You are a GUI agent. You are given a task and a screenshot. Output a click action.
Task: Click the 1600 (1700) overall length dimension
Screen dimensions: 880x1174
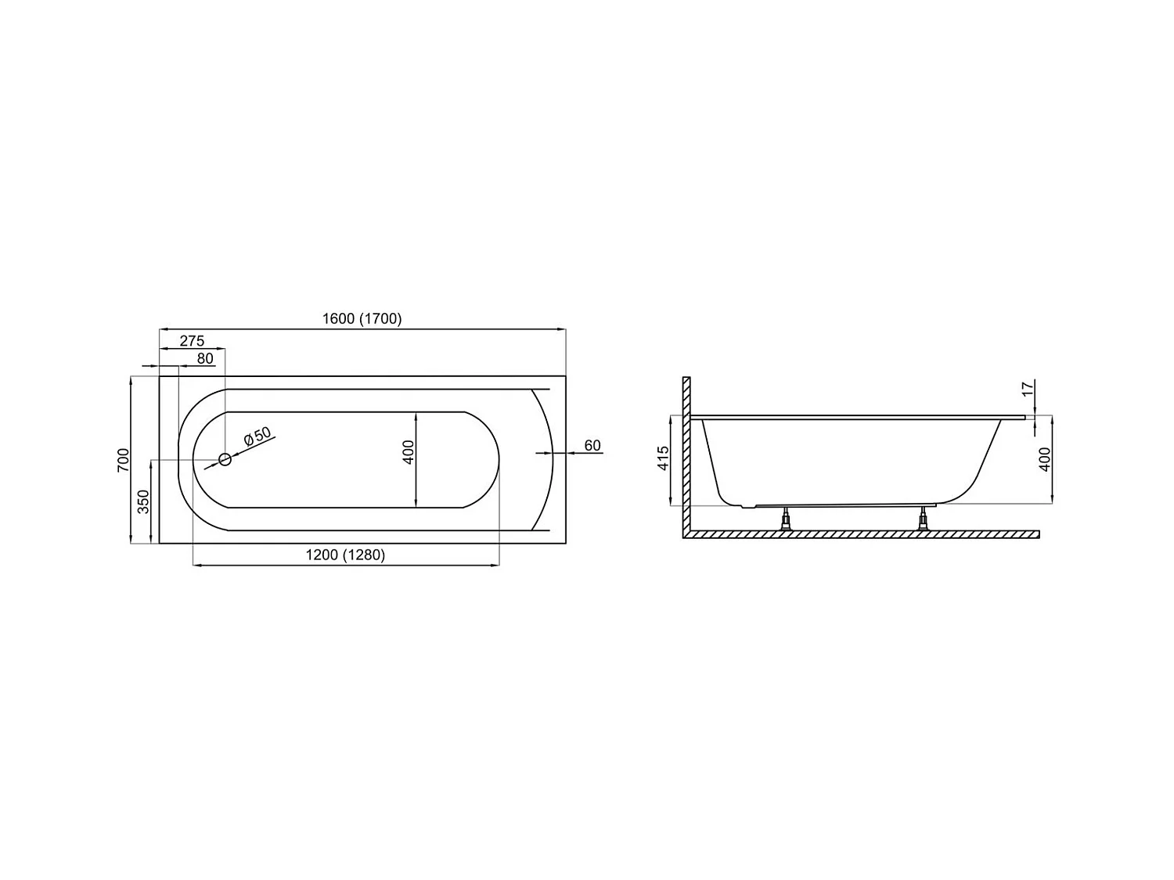point(362,318)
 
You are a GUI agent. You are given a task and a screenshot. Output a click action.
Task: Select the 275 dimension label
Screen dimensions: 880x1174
point(192,340)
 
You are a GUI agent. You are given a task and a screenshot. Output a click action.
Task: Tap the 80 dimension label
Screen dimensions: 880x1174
point(205,358)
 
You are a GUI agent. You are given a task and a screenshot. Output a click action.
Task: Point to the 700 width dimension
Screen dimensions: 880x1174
point(122,459)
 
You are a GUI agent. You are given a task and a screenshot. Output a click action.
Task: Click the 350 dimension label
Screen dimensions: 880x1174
point(143,501)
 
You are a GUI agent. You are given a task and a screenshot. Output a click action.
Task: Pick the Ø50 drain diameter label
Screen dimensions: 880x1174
point(257,437)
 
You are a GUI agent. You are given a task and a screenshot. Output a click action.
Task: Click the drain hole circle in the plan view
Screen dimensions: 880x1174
point(225,459)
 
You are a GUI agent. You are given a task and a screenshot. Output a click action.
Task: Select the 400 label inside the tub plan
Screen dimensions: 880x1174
point(408,452)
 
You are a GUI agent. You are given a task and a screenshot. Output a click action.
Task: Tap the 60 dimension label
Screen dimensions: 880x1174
point(592,446)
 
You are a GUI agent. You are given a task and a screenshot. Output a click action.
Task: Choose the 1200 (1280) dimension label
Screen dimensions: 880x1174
point(345,555)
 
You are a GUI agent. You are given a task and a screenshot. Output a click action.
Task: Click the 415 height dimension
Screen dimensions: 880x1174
point(664,458)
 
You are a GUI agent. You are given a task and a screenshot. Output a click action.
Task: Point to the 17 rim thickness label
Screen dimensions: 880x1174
point(1028,388)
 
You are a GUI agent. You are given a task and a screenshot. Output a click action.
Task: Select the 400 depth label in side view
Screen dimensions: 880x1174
point(1044,459)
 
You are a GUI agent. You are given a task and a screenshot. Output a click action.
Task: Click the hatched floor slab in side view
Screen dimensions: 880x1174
point(861,534)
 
